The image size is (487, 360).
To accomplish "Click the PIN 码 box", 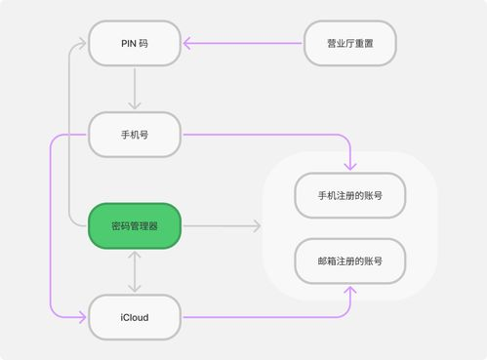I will [135, 43].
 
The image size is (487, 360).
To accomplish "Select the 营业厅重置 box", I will [348, 43].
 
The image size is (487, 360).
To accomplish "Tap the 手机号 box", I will [135, 135].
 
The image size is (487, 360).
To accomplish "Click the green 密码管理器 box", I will [135, 226].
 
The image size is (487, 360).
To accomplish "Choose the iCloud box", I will [135, 317].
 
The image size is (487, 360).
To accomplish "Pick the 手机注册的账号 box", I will [349, 195].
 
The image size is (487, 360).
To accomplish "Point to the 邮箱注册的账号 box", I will [349, 260].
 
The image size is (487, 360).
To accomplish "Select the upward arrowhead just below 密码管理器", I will [135, 254].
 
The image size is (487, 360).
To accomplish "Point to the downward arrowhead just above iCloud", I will [135, 290].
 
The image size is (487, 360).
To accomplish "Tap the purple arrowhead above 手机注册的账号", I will [349, 167].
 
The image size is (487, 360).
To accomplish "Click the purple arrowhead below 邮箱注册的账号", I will [349, 290].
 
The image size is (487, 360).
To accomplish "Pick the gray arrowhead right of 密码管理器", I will [258, 226].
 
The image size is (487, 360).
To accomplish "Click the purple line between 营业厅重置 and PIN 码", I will [244, 43].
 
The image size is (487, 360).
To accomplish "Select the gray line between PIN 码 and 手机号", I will [135, 86].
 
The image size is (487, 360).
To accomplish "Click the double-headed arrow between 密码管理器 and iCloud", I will [135, 271].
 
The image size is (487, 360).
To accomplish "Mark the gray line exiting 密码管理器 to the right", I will [220, 226].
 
